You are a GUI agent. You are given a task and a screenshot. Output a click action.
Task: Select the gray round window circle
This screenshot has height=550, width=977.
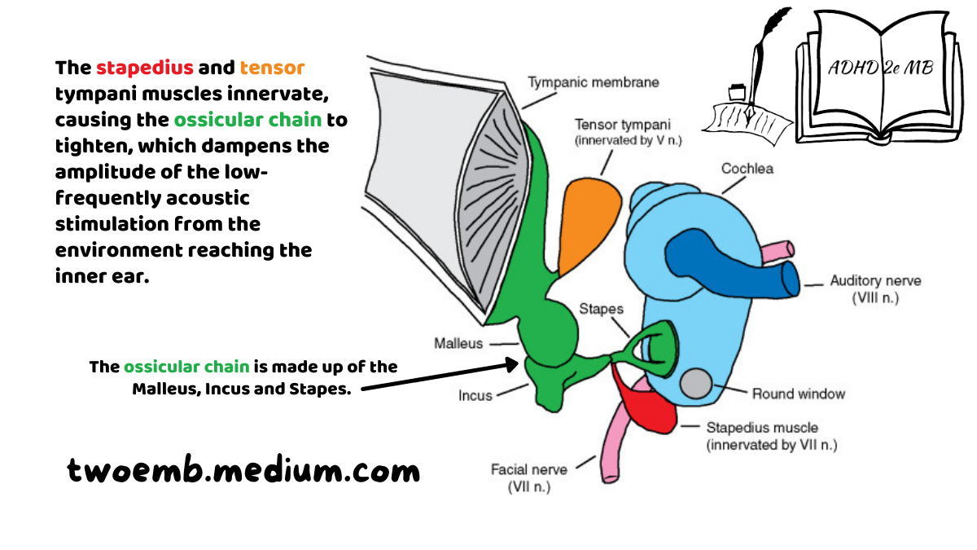tap(697, 382)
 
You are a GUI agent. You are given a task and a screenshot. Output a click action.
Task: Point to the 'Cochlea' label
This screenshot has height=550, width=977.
tap(747, 169)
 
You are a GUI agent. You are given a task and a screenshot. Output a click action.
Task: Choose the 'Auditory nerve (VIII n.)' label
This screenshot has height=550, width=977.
tap(874, 289)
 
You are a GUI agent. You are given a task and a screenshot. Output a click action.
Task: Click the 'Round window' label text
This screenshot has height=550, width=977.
tap(798, 394)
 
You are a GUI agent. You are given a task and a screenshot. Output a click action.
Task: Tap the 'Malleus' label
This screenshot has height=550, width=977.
tap(458, 344)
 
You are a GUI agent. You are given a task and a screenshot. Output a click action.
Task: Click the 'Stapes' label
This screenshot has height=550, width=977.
tap(601, 310)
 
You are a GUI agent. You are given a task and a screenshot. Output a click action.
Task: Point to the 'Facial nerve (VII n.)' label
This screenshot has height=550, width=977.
tap(528, 478)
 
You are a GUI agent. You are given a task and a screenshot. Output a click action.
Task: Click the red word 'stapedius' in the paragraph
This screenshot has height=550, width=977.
tap(145, 68)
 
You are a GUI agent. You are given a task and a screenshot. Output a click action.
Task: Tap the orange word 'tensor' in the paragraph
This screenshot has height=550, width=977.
tap(273, 68)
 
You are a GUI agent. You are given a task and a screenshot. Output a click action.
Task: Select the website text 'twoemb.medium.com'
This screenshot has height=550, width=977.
tap(243, 470)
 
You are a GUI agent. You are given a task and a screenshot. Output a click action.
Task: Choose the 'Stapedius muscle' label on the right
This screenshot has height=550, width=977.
tap(763, 428)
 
